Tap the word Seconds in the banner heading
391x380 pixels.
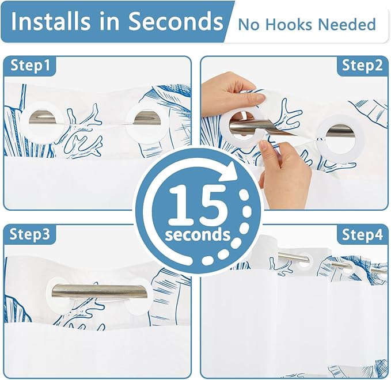click(x=176, y=21)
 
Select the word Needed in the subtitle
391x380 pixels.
click(x=347, y=24)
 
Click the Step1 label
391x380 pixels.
click(x=30, y=65)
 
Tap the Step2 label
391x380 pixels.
click(x=362, y=66)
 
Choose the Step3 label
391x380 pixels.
click(x=30, y=234)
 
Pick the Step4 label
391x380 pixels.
click(x=362, y=234)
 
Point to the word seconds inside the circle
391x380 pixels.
click(x=198, y=235)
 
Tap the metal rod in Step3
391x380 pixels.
click(x=100, y=291)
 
